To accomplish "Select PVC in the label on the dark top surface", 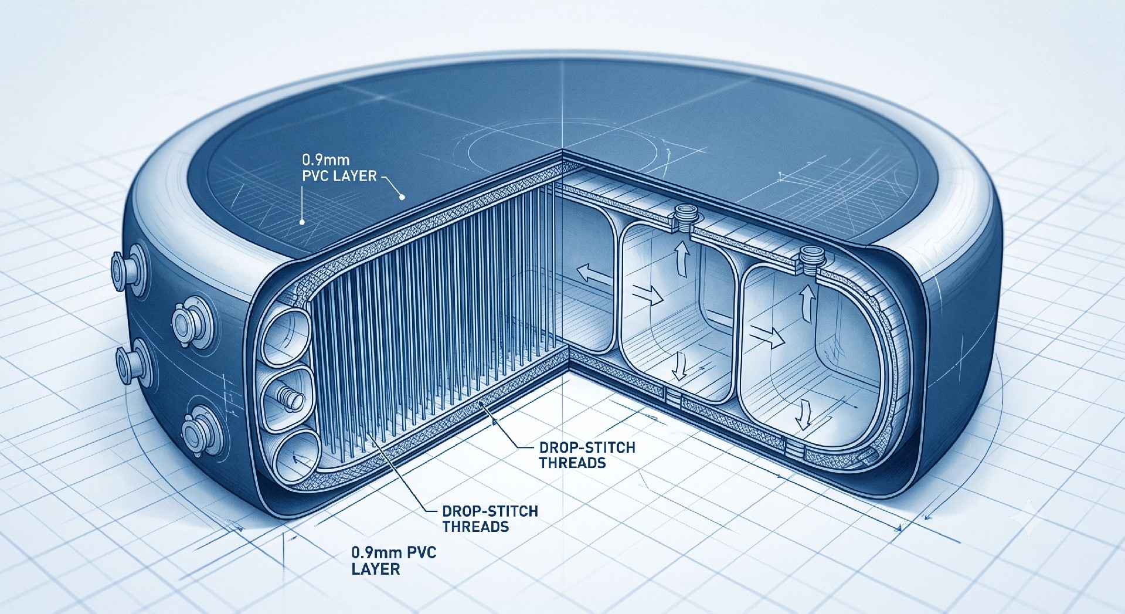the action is tap(316, 175).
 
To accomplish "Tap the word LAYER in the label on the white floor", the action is tap(376, 568).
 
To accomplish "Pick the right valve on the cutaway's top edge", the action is tap(811, 260).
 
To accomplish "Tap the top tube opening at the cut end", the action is tap(286, 337).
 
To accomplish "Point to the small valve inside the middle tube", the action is tap(290, 399).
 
